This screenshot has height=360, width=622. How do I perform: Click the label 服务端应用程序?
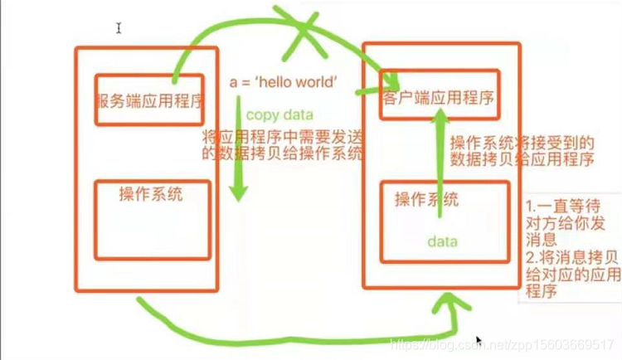click(x=150, y=103)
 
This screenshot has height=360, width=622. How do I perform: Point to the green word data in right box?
click(x=442, y=241)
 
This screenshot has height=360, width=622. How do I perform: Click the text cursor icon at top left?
click(x=119, y=28)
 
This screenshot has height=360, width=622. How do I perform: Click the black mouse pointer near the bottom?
click(x=479, y=341)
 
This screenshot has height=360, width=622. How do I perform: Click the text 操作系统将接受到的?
click(x=522, y=142)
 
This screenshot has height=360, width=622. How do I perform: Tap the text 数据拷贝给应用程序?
click(x=522, y=159)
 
